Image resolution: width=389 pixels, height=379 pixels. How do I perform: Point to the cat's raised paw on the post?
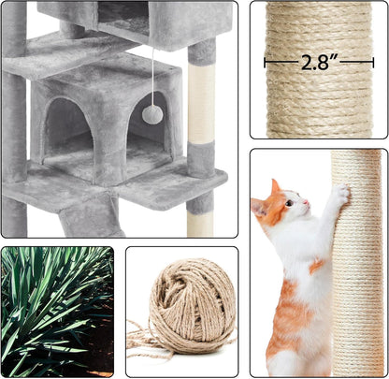point(343,192)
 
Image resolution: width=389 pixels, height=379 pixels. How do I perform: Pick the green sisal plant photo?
point(57,311)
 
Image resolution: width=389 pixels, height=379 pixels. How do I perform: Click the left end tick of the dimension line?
point(266,64)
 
